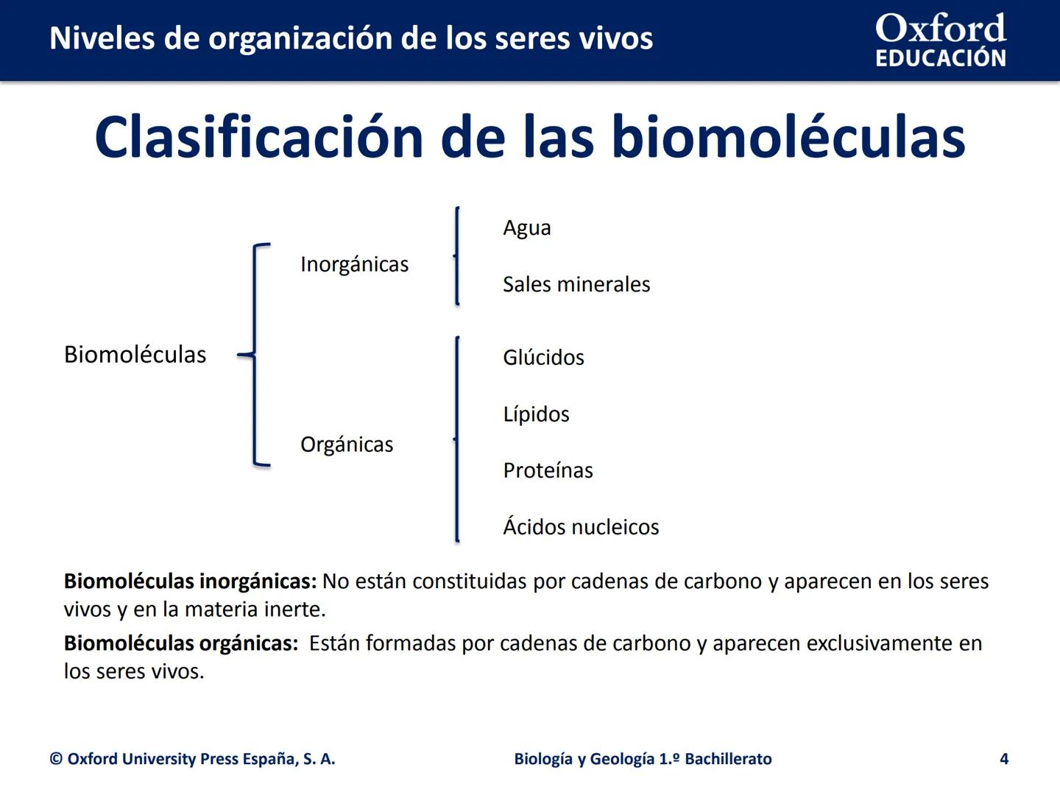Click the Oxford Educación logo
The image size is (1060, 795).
click(x=940, y=40)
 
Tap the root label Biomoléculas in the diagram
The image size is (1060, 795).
click(x=135, y=354)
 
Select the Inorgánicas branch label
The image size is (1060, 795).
click(x=354, y=264)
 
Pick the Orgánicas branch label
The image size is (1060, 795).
click(x=347, y=445)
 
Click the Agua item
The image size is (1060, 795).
click(x=526, y=227)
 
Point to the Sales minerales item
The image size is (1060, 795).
click(x=576, y=284)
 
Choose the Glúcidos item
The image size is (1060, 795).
click(x=543, y=357)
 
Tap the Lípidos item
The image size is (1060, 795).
click(x=536, y=414)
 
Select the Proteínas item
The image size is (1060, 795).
click(x=548, y=470)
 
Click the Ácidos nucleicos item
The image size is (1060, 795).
click(x=581, y=527)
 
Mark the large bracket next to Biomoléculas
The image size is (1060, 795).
click(x=255, y=354)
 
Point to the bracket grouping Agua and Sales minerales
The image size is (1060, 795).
click(x=457, y=255)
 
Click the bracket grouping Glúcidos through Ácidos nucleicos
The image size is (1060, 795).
click(x=457, y=439)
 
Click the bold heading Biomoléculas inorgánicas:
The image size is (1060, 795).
click(x=190, y=582)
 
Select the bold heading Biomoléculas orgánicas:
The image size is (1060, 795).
click(x=180, y=643)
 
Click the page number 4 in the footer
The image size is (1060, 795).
click(x=1003, y=759)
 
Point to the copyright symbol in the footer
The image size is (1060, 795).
click(x=56, y=759)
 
